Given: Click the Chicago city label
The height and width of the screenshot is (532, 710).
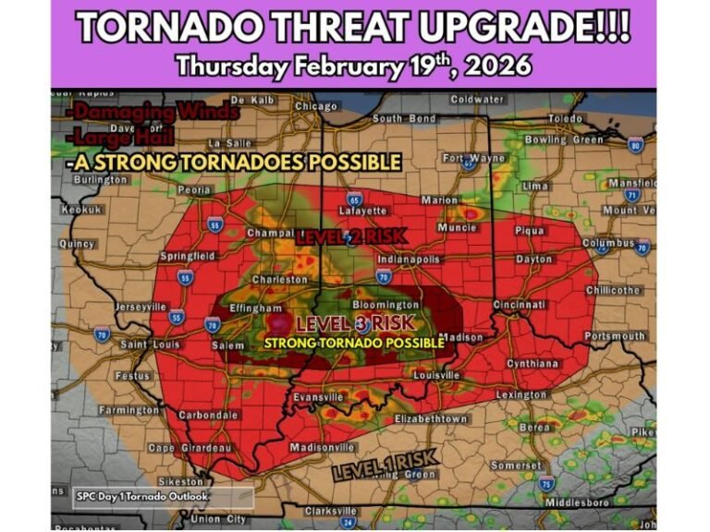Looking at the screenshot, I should point(315,106).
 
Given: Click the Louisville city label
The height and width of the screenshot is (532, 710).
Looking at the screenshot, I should point(436,376).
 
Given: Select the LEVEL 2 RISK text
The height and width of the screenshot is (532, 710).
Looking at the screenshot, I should point(350,236).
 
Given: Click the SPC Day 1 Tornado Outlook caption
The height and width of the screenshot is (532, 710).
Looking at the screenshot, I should point(141,496).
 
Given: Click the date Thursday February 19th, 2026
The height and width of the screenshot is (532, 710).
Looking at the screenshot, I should point(354,66).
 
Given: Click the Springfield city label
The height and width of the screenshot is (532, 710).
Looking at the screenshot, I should point(188,255).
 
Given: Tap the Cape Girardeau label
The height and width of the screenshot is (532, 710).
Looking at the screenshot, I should point(189,448).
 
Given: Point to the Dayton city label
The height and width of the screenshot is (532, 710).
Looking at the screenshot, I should point(533,260).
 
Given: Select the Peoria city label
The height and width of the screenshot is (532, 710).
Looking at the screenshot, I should point(194,189).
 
